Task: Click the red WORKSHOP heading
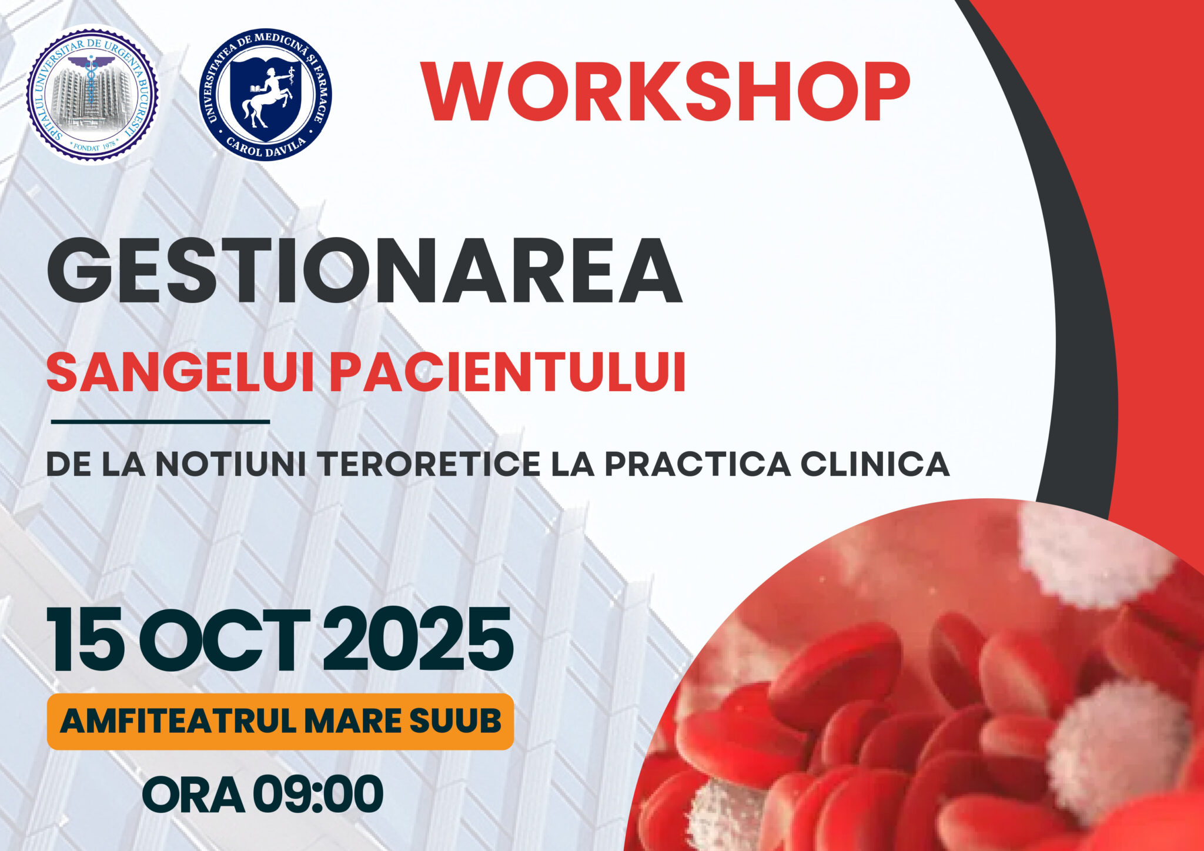click(667, 92)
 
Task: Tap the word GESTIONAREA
click(364, 271)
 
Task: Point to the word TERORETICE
click(429, 464)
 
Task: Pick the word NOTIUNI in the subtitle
click(230, 464)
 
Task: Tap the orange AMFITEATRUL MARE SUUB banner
click(280, 722)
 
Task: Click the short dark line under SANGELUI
click(160, 422)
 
